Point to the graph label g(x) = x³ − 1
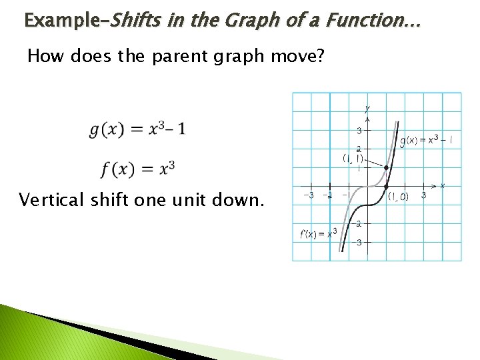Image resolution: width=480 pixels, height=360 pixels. (x=427, y=140)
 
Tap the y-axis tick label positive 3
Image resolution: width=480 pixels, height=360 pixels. (x=359, y=130)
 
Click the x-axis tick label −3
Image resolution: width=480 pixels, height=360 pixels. (x=309, y=195)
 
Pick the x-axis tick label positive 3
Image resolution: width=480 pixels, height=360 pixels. (x=424, y=196)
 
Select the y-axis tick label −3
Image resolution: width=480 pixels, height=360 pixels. (x=359, y=243)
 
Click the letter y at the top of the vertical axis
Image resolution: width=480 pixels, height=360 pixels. (x=367, y=108)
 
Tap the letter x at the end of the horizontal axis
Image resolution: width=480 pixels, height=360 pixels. (x=443, y=185)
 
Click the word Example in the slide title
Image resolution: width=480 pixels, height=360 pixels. (x=61, y=21)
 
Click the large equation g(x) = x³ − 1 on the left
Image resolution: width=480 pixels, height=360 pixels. (x=137, y=129)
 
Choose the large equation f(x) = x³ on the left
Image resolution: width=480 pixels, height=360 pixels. (x=138, y=168)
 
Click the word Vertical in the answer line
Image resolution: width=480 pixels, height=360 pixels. (x=51, y=200)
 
